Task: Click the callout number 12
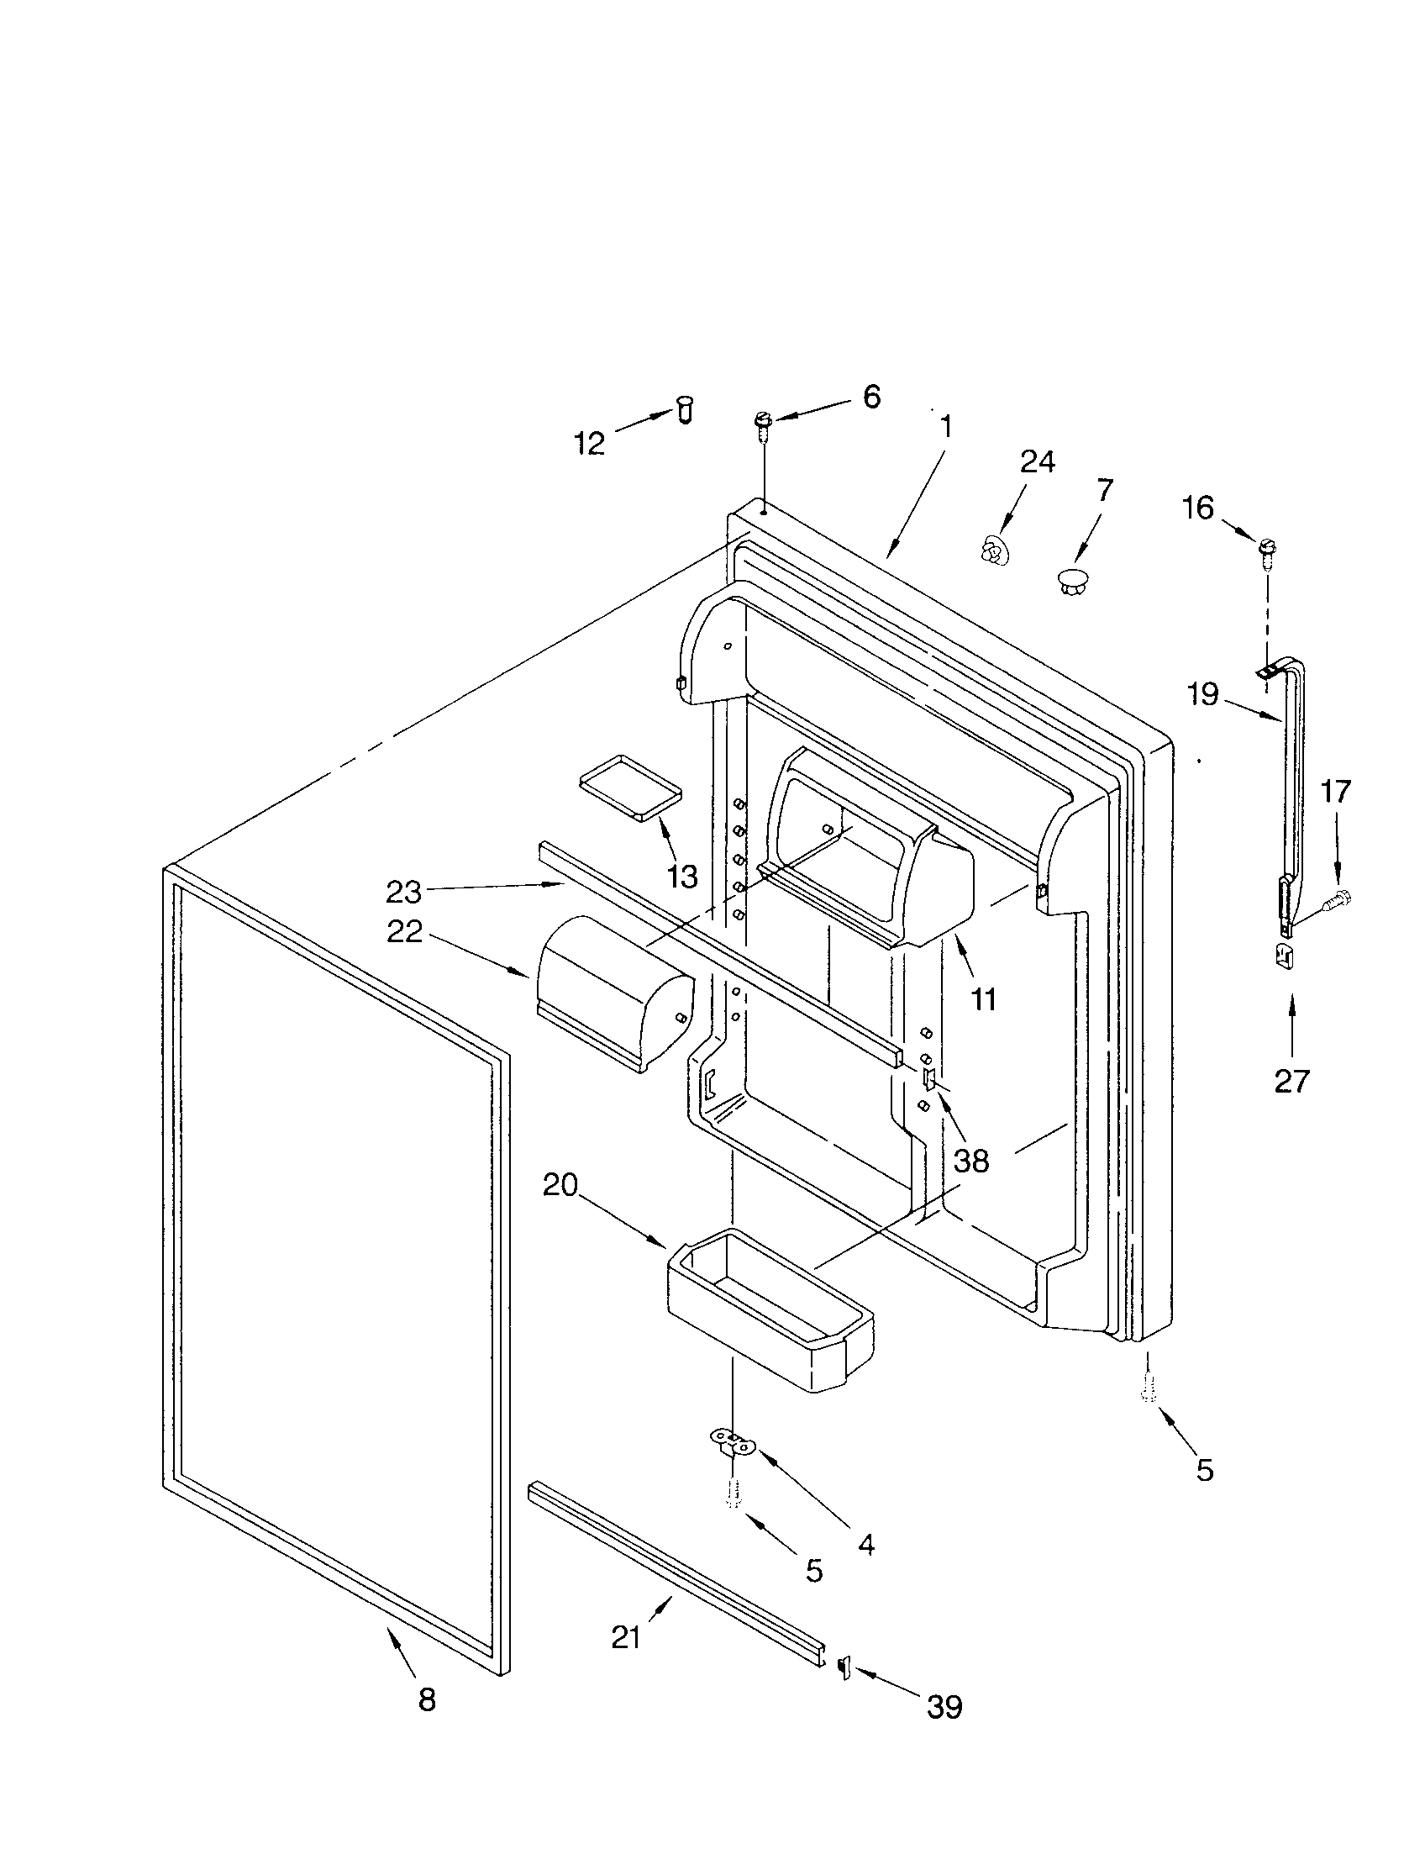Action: pos(590,443)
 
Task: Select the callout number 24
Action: pos(1037,461)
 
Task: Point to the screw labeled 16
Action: pos(1268,552)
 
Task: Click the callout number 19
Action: pos(1202,694)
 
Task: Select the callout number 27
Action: pos(1291,1081)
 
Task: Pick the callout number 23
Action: pos(403,891)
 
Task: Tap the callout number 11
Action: pos(983,1000)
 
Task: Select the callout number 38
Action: pos(970,1161)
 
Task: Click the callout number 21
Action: pos(626,1638)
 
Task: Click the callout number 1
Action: pos(946,426)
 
